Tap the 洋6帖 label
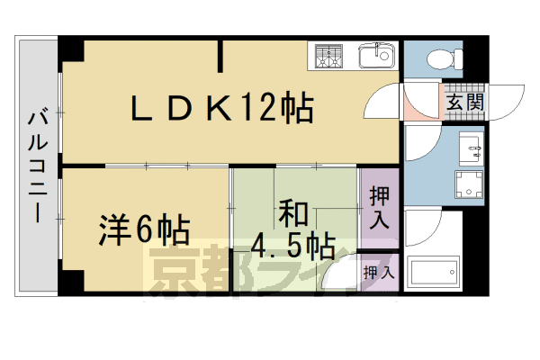(144, 231)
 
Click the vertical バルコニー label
(38, 165)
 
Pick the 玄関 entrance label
(463, 101)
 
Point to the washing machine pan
(470, 188)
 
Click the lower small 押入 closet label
(378, 271)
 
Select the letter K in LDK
(222, 110)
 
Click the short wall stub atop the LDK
(220, 56)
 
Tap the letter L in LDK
(144, 110)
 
